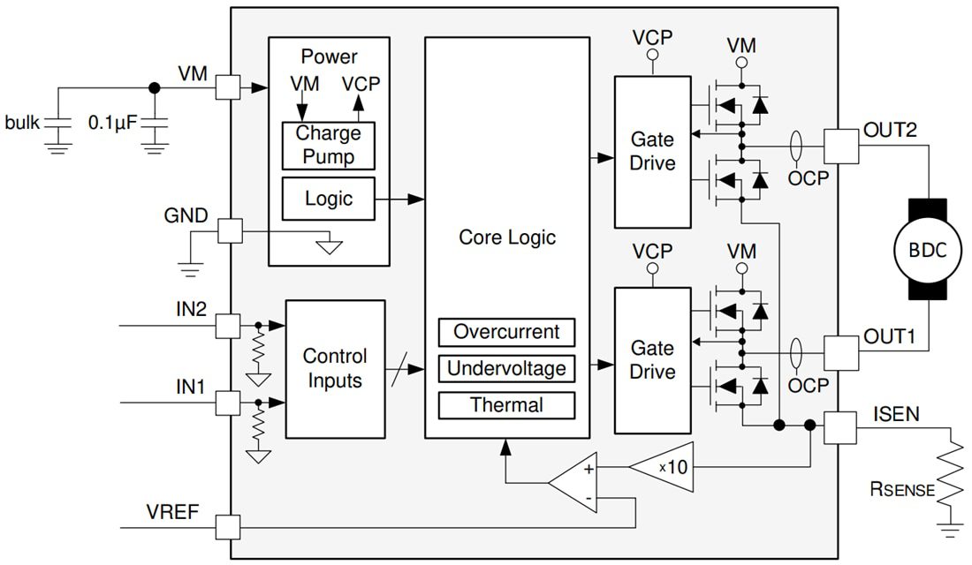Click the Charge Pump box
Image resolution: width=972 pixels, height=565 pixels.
[328, 146]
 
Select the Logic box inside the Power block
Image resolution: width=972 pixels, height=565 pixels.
[328, 199]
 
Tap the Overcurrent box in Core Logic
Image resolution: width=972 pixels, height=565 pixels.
[506, 332]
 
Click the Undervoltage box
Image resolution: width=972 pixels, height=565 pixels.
[506, 368]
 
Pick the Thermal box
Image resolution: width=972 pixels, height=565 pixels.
[506, 405]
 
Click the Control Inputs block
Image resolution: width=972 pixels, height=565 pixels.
[335, 369]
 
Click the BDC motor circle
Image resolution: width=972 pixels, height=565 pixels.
[927, 251]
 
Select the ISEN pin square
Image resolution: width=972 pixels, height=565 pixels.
[840, 426]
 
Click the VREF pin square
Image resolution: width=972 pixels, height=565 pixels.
[228, 528]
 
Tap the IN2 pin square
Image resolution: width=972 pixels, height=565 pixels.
[228, 326]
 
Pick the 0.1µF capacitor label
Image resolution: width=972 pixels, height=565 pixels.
[113, 123]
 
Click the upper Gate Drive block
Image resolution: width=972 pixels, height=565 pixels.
[652, 151]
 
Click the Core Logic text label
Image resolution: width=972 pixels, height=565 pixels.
[506, 237]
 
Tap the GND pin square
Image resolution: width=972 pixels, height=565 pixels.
[229, 231]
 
